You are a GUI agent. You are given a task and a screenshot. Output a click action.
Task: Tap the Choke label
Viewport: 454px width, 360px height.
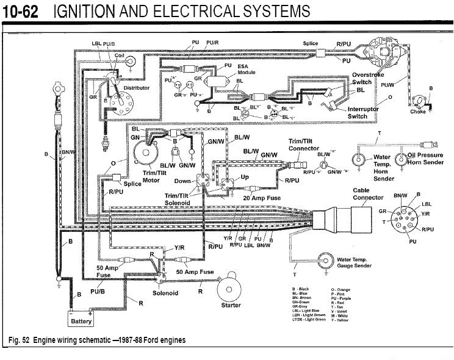[418, 112]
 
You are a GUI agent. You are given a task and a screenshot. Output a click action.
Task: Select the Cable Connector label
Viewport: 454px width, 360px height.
[369, 194]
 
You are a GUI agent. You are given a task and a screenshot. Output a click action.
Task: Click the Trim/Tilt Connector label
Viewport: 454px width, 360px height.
[303, 145]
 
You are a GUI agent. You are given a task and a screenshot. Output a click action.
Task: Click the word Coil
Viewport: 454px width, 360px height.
[120, 55]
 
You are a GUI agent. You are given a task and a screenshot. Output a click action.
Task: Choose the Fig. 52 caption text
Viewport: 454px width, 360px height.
[98, 340]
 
